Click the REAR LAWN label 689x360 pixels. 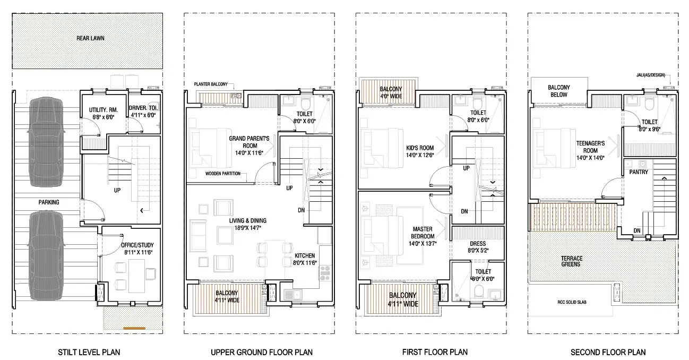coord(90,38)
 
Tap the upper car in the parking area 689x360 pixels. coord(46,142)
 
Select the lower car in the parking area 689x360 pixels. coord(46,259)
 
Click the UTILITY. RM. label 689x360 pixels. coord(104,110)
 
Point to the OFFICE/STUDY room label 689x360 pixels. coord(137,245)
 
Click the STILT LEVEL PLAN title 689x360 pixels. coord(89,352)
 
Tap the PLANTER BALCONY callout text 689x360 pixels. coord(211,84)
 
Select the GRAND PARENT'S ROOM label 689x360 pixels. coord(249,142)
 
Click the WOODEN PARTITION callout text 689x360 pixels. coord(223,174)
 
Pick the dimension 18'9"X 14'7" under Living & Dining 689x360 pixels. coord(247,228)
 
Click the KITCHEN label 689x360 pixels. coord(305,256)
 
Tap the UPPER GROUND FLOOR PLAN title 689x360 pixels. coord(262,352)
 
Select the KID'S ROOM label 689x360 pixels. coord(420,148)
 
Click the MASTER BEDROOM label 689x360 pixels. coord(423,233)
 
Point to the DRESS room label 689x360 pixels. coord(478,243)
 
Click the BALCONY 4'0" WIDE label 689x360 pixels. coord(391,92)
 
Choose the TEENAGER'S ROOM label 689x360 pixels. coord(590,147)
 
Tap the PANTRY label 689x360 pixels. coord(639,172)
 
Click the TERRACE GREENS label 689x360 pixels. coord(572,261)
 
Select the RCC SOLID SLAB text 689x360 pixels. coord(572,302)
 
